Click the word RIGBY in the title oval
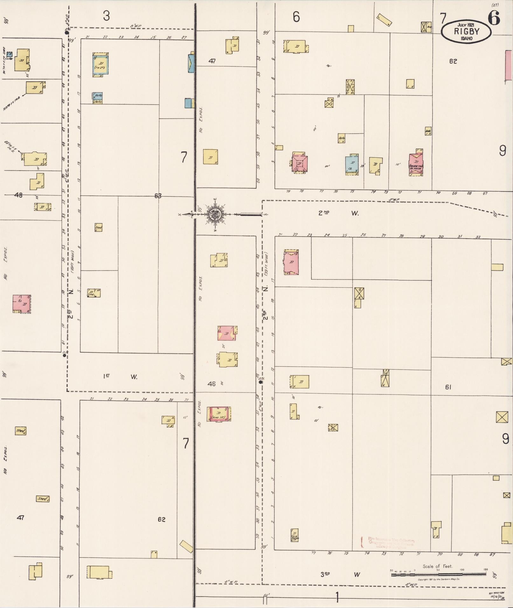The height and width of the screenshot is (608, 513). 466,31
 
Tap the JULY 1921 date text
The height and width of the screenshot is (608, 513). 466,25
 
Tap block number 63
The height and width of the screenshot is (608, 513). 158,196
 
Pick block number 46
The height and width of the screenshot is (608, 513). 211,384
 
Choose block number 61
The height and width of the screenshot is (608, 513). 448,387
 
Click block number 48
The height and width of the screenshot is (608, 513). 18,195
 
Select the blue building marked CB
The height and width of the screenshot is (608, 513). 351,165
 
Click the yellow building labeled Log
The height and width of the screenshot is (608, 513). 94,293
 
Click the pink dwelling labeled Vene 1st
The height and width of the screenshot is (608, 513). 219,414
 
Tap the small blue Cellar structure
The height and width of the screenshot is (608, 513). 10,55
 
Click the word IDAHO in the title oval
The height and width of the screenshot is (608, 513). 466,38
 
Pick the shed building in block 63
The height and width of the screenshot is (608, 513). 98,227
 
